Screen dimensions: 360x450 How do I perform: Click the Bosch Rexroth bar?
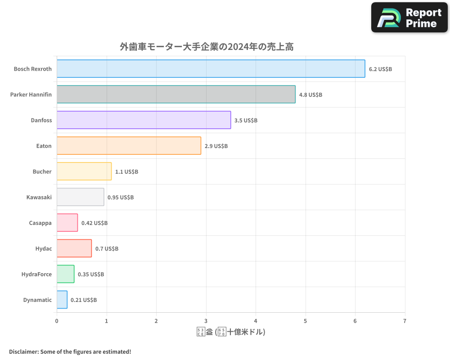(211, 69)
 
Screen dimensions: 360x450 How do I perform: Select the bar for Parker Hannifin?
(176, 94)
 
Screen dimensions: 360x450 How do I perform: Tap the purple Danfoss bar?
(144, 120)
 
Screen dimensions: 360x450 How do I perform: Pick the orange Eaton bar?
(129, 146)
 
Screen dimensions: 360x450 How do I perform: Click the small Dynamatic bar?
(62, 300)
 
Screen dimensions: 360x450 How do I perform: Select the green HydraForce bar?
(66, 274)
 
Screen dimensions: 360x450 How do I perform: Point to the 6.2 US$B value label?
(380, 69)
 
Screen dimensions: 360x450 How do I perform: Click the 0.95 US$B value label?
(121, 198)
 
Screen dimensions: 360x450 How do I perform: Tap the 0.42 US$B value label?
(94, 223)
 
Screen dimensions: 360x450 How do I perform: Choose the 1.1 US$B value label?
(126, 172)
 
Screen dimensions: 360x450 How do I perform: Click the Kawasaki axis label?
(39, 197)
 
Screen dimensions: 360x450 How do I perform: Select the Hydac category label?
(44, 248)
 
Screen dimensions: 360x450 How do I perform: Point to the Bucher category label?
(42, 171)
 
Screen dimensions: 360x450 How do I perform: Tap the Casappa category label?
(40, 223)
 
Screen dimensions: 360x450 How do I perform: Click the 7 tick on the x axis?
(405, 321)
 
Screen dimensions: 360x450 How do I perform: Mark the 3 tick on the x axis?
(206, 321)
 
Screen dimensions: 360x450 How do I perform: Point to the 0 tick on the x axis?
(57, 321)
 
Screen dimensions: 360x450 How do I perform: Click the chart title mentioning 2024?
(207, 47)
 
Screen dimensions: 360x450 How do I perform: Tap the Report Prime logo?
(409, 18)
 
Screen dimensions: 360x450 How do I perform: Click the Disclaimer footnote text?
(70, 351)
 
